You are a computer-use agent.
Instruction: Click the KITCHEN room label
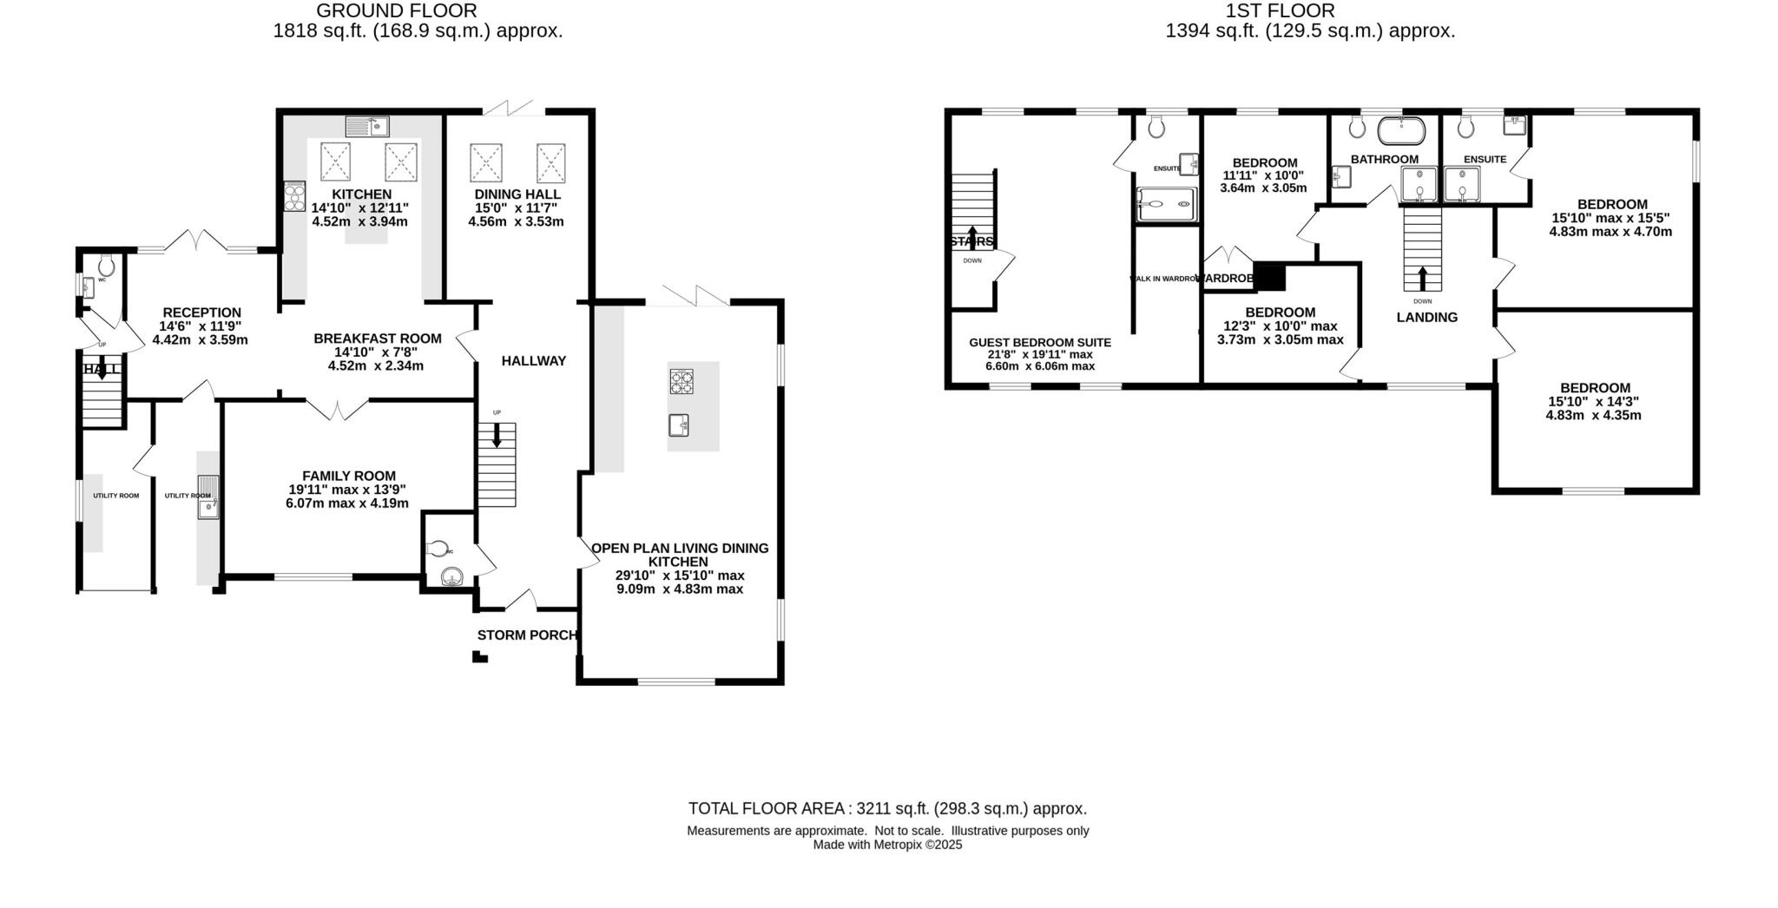tap(361, 194)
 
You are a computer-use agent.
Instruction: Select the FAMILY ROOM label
tap(348, 476)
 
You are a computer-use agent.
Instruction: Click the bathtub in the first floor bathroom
tap(1400, 131)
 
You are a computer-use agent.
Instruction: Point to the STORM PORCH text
tap(527, 635)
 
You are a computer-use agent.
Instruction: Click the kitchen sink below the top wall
tap(367, 128)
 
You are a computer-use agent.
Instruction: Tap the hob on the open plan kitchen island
tap(682, 381)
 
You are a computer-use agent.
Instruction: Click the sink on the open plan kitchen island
tap(679, 425)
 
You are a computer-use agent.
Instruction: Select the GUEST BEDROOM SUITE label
tap(1039, 343)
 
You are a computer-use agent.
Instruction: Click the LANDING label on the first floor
tap(1426, 318)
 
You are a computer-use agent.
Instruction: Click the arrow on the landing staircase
tap(1422, 277)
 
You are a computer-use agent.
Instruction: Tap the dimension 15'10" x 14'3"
tap(1592, 402)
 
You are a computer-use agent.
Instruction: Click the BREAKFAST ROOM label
tap(377, 339)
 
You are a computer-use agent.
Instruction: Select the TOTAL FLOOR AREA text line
tap(887, 809)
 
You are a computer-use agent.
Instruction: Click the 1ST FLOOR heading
tap(1280, 11)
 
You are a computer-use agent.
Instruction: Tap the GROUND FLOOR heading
tap(396, 11)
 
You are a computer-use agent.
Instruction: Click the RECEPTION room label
tap(201, 313)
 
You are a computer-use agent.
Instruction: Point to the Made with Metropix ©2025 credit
tap(887, 845)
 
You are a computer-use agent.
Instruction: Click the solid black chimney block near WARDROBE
tap(1270, 277)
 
